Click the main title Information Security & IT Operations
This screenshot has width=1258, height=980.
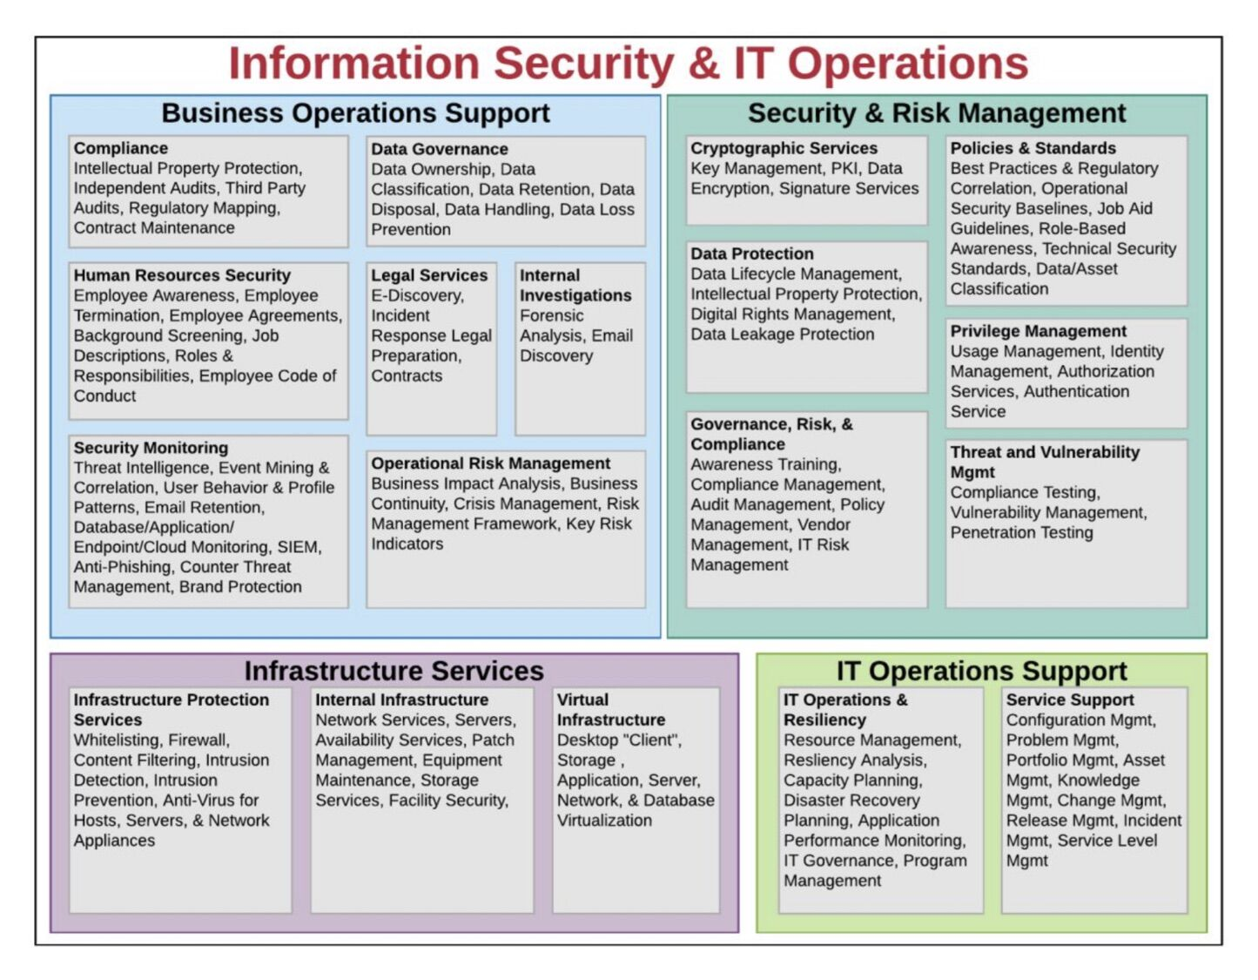(628, 64)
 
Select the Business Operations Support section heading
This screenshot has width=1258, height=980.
(355, 113)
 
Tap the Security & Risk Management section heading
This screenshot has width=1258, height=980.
(937, 113)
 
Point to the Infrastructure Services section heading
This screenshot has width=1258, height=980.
(394, 671)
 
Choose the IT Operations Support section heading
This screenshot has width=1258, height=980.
(981, 671)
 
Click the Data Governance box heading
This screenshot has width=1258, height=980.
(439, 149)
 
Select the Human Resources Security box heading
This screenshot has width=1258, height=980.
(182, 275)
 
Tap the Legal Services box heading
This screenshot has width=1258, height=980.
(429, 275)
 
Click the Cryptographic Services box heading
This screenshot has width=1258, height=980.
(784, 148)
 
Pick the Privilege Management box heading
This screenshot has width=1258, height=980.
(1038, 331)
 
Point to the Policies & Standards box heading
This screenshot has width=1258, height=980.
(1033, 148)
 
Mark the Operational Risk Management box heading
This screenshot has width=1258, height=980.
(490, 463)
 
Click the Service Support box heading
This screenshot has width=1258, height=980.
(1070, 700)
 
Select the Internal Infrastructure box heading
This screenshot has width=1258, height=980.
(401, 700)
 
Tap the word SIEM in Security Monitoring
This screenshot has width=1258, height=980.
(298, 547)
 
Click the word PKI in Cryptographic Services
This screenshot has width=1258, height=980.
(844, 168)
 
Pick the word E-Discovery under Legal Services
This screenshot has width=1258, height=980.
(417, 295)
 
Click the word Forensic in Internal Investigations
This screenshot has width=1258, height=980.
(551, 315)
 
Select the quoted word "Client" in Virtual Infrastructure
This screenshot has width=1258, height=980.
(654, 740)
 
